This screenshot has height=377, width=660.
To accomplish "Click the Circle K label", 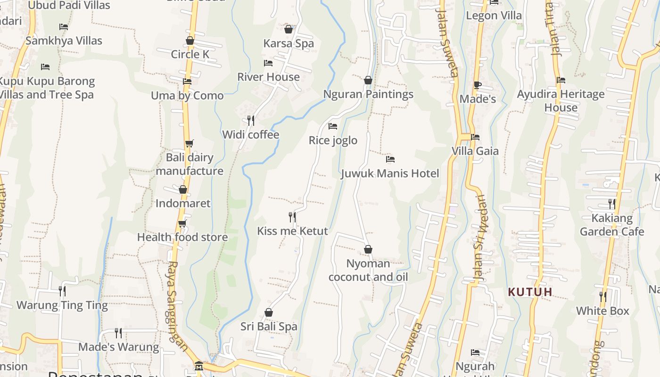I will coord(190,54).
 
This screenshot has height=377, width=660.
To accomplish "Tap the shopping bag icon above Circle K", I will coord(190,41).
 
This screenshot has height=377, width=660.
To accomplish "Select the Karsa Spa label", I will coord(289,43).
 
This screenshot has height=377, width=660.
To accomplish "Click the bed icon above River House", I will coord(268,63).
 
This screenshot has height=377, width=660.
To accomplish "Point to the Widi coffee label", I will coord(251,135).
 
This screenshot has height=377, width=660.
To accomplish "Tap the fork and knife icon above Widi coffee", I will coord(251,121).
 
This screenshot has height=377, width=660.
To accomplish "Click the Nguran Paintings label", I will coord(368,94).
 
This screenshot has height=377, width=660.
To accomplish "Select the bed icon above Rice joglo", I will coord(333,126).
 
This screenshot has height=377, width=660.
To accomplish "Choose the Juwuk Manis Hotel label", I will coord(390,173).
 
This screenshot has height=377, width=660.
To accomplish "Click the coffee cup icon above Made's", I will coord(477,85).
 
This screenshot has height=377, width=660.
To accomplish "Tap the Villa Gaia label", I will coord(475,151).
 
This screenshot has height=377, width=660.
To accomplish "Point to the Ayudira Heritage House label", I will coord(561,101).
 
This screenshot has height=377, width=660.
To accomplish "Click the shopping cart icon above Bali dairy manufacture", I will coord(189,143).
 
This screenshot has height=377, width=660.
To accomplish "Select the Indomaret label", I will coord(183,204).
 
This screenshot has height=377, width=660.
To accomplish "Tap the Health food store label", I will coord(182,237).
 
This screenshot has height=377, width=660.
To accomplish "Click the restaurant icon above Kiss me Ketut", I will coord(292,217).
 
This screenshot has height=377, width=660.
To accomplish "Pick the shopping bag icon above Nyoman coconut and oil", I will coord(368,249).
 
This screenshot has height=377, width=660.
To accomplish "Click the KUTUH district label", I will coord(530,292).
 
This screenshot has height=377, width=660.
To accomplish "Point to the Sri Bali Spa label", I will coord(269,327).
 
